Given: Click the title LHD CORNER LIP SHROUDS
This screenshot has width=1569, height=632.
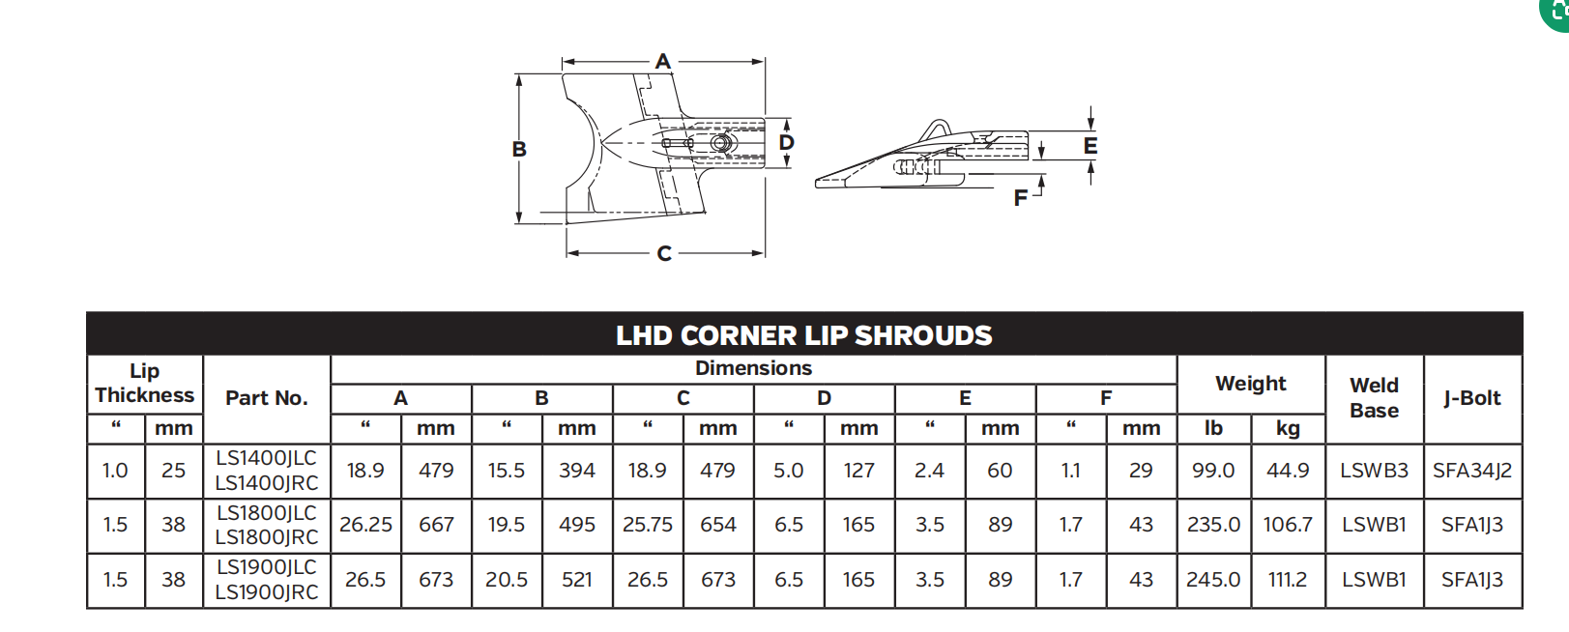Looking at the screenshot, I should pos(803,335).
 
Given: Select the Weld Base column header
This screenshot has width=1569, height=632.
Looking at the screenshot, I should pos(1374,397).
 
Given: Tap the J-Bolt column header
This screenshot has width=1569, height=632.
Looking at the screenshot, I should pos(1471,397).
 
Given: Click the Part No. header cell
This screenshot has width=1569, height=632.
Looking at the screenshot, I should pos(266,397).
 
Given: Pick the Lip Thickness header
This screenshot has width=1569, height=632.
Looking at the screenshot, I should pos(144,383).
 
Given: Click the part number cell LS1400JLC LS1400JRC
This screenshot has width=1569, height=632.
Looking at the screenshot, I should pos(266,471).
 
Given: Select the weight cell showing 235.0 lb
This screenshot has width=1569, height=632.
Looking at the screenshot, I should pos(1213,525).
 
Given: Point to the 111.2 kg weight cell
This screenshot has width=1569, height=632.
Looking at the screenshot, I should pos(1288,580).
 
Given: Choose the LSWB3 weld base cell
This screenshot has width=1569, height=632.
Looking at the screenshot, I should pos(1374,471).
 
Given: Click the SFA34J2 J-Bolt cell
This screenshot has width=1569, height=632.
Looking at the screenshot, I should pos(1471,471).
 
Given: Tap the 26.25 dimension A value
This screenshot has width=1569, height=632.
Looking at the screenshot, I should pos(365,525).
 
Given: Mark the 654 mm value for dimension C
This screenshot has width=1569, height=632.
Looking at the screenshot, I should pos(717,525).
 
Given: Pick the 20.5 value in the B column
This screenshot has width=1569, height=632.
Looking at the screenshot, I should pos(507,580).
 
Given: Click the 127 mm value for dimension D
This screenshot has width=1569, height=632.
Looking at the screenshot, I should pos(858,471).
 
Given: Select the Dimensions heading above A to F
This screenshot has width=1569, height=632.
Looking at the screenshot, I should pos(753,368).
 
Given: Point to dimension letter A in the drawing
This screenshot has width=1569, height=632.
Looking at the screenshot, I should pos(662,61).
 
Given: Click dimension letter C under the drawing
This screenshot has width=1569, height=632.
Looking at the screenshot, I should pos(664,253).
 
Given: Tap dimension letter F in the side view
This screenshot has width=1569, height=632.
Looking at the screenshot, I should pos(1020,198).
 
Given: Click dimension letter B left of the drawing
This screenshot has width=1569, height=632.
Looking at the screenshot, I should pos(519,149).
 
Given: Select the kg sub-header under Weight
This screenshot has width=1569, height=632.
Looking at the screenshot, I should pos(1288,428).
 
